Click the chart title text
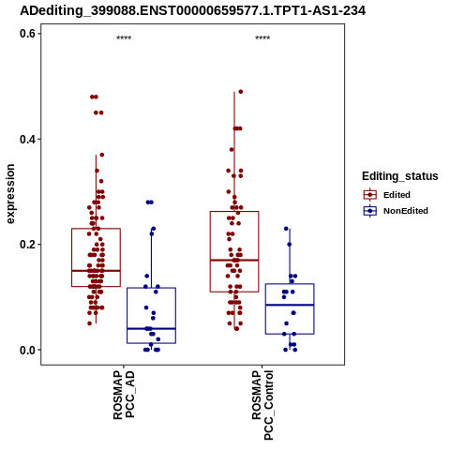tap(192, 10)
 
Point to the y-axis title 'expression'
tap(10, 194)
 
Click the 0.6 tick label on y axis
tap(27, 34)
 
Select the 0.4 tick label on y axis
tap(27, 139)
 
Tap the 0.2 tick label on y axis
tap(27, 245)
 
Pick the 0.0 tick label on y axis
tap(27, 350)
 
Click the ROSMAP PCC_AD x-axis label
tap(124, 395)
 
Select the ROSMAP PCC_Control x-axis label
tap(262, 405)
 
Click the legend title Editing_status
tap(400, 176)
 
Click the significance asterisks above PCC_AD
tap(124, 37)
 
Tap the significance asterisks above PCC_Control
tap(262, 37)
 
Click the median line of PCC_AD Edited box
tap(96, 271)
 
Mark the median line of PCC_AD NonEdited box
tap(151, 329)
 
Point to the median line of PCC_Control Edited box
tap(234, 260)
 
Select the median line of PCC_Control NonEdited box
tap(290, 305)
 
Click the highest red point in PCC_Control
tap(241, 92)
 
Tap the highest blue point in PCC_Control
tap(286, 229)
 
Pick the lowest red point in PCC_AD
tap(90, 323)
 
